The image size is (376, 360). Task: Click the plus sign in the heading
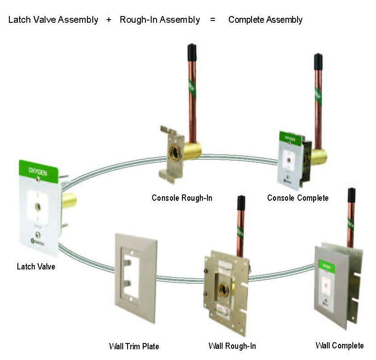tap(109, 20)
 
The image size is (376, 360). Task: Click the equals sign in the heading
tap(213, 20)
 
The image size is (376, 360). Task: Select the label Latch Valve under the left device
tap(36, 267)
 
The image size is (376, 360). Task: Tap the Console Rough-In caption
tap(182, 198)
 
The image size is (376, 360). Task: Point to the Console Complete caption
tap(297, 198)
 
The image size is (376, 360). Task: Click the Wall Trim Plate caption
tap(134, 346)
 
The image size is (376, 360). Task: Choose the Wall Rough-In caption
tap(232, 346)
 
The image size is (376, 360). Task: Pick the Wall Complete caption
tap(339, 345)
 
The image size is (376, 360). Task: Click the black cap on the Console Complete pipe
tap(318, 62)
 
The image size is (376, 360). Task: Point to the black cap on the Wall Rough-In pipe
tap(241, 203)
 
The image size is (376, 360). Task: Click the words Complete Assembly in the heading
tap(265, 20)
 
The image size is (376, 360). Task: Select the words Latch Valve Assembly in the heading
tap(53, 20)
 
